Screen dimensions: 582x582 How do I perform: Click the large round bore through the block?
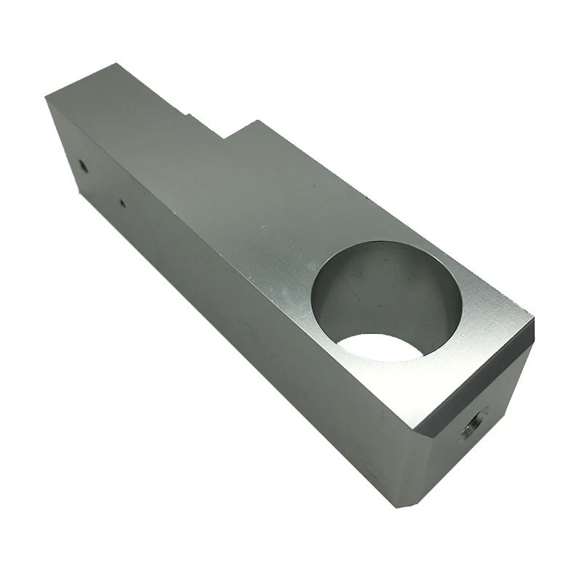(386, 298)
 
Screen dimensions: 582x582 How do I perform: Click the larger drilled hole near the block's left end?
(83, 166)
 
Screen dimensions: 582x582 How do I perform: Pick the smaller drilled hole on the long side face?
(121, 204)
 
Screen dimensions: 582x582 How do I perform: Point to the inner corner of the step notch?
(224, 137)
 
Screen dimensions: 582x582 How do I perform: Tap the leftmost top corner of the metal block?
(46, 98)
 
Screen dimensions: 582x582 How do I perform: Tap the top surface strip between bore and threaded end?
(487, 320)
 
